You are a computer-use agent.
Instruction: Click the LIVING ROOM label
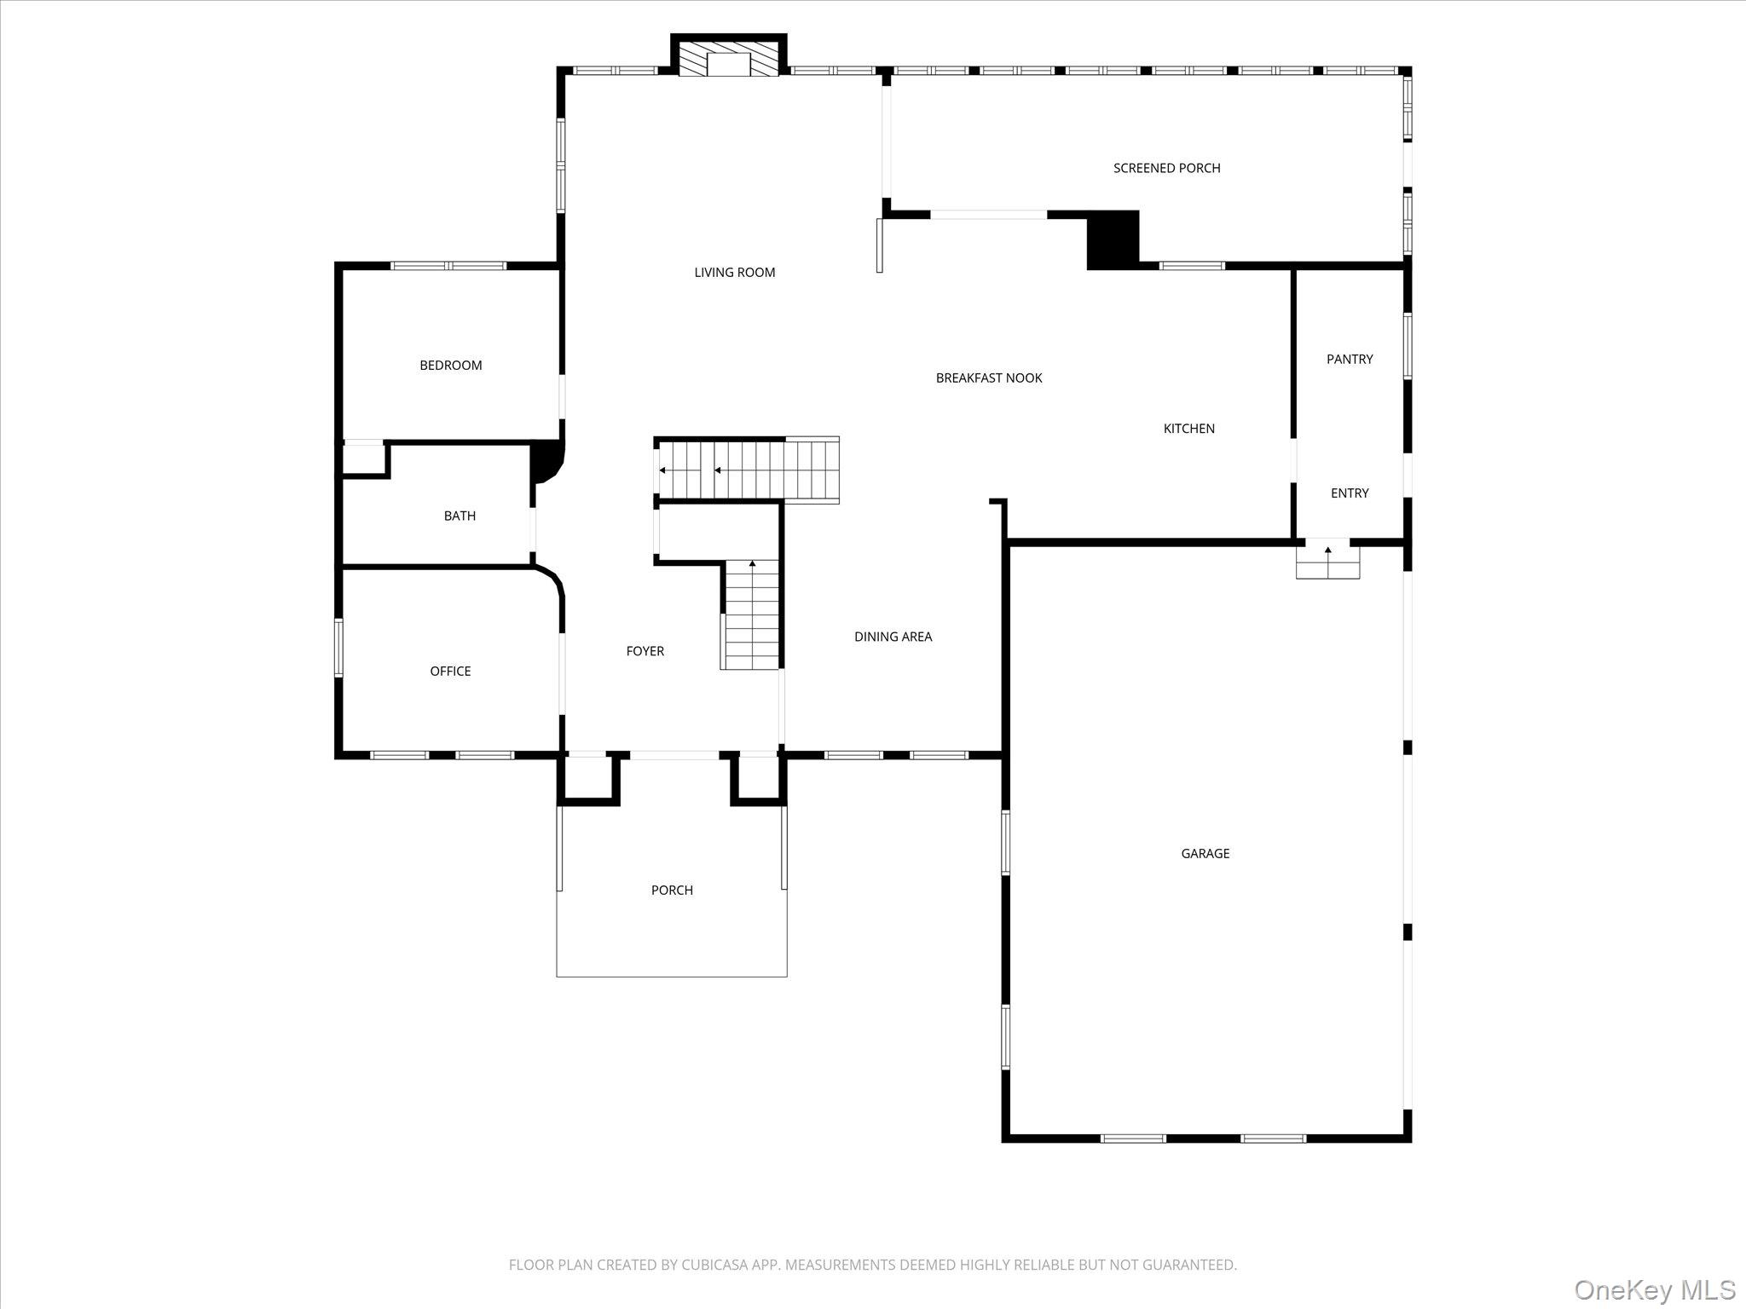click(734, 273)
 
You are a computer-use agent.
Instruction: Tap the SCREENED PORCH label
click(1166, 168)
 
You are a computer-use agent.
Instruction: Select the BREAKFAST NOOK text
click(989, 378)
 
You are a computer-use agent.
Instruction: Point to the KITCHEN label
click(1188, 429)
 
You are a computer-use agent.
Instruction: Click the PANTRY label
click(1349, 359)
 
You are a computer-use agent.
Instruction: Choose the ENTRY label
click(1349, 493)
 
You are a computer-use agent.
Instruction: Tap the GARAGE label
click(1205, 853)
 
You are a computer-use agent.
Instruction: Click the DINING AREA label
click(893, 637)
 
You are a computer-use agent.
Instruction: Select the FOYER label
click(645, 651)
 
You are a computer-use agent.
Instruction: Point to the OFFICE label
click(450, 672)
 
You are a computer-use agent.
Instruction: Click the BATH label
click(460, 516)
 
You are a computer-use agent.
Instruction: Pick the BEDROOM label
click(450, 366)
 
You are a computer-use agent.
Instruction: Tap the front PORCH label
click(672, 890)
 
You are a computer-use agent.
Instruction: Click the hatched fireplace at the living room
click(729, 58)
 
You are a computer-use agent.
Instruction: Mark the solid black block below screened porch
click(1113, 239)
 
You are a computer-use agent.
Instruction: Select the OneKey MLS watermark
click(1654, 1289)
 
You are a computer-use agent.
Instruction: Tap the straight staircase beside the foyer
click(751, 615)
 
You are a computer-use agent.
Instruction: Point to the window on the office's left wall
click(338, 648)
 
